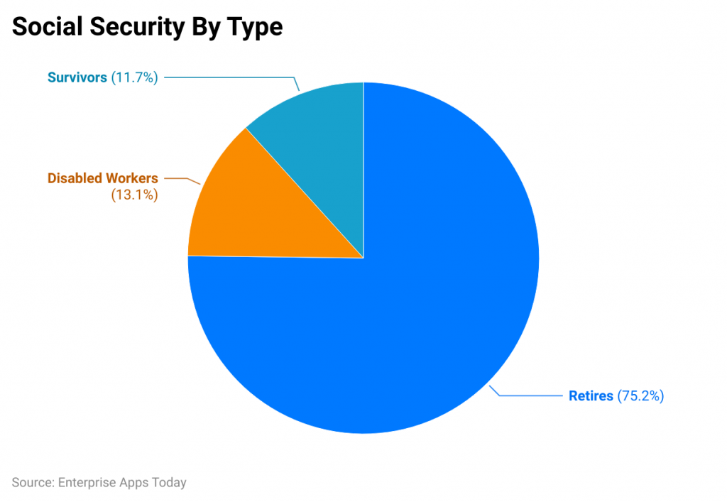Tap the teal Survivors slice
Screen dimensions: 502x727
click(319, 135)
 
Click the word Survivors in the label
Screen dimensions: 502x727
click(77, 77)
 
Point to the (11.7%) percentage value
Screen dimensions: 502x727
click(134, 77)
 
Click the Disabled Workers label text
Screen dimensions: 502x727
click(102, 178)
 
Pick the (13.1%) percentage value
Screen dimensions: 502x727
click(134, 195)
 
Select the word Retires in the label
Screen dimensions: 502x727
click(591, 395)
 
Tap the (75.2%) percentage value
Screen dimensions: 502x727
click(640, 395)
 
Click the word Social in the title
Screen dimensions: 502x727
click(46, 26)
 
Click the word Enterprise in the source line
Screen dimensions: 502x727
click(84, 483)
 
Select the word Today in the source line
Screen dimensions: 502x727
click(168, 483)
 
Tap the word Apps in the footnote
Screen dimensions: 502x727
click(132, 483)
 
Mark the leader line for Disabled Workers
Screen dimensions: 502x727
click(181, 178)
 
